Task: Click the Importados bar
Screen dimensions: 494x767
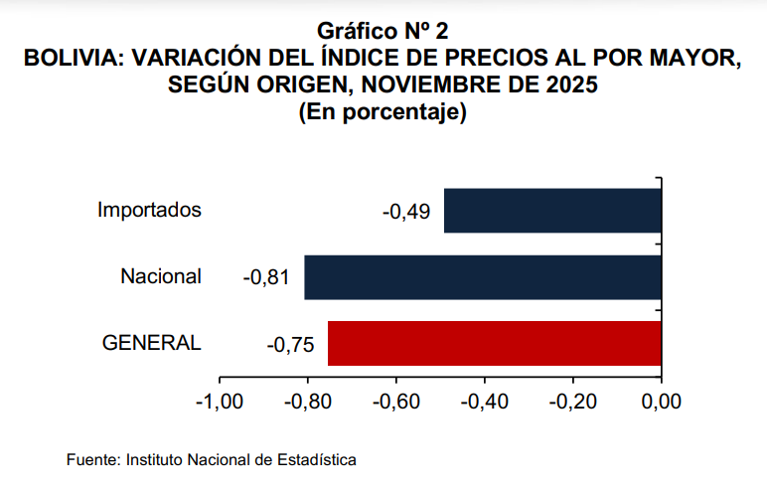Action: click(552, 211)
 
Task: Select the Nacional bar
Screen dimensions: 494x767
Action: click(483, 277)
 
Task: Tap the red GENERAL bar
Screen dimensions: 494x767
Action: click(495, 343)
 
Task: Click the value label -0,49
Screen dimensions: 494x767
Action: click(406, 212)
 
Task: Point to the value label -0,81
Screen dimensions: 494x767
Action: click(265, 278)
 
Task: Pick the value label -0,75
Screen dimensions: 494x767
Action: click(290, 345)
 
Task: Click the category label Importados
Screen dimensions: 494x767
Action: click(150, 210)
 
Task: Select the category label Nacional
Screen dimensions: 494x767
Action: click(161, 276)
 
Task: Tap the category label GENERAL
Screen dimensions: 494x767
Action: click(152, 343)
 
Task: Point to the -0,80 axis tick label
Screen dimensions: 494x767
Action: click(308, 402)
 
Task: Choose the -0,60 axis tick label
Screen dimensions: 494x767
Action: click(396, 402)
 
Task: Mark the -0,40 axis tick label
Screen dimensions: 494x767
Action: click(485, 402)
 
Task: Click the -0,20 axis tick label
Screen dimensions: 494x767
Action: click(573, 402)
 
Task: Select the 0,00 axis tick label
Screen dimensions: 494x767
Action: click(661, 402)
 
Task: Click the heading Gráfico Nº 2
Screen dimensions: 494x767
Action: click(383, 33)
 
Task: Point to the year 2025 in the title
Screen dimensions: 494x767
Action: click(571, 86)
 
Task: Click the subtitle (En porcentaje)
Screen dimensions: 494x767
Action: click(383, 112)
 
